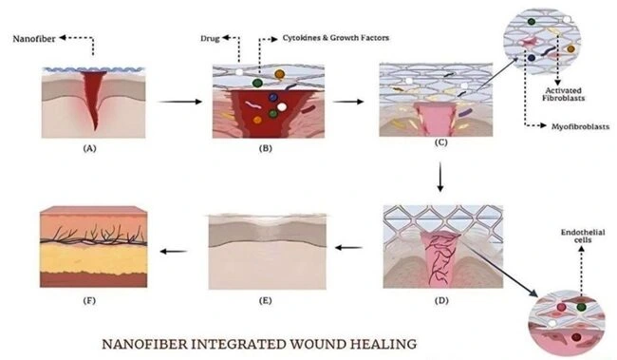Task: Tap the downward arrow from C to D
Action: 439,178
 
